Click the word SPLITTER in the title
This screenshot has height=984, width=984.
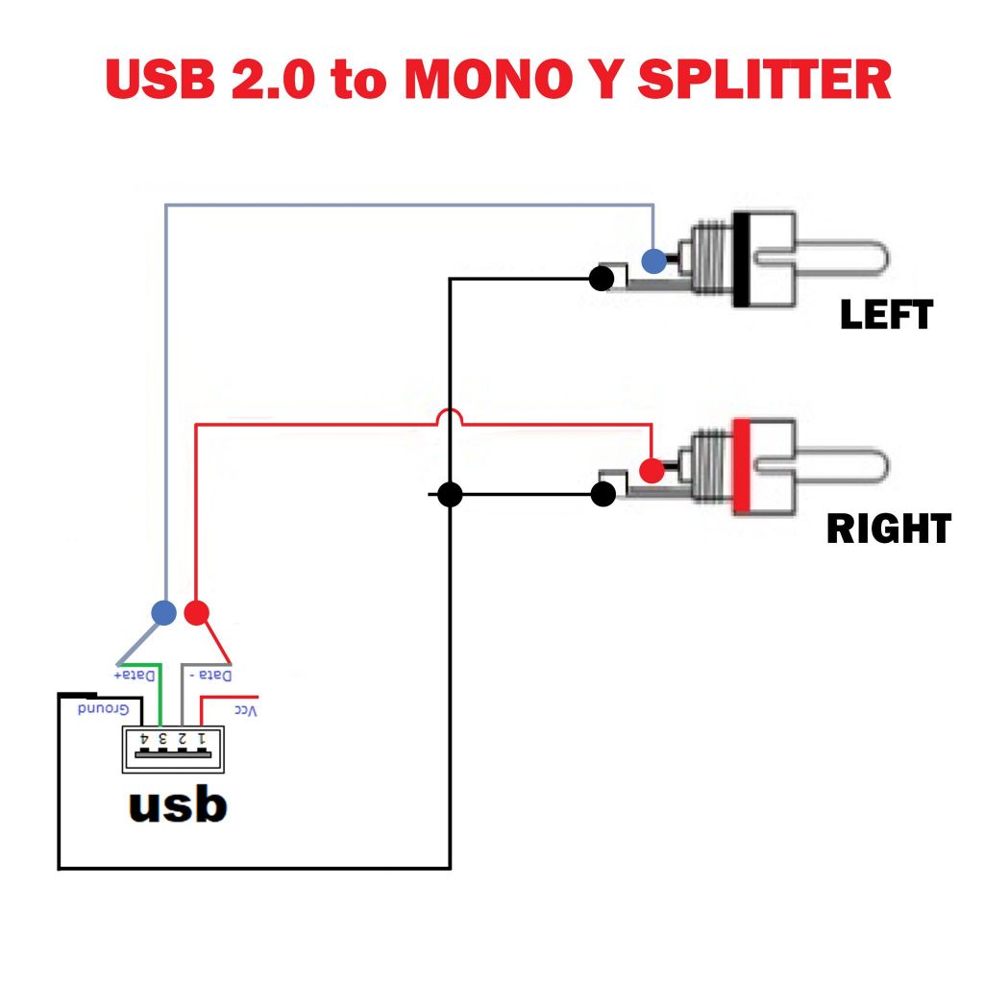pyautogui.click(x=764, y=80)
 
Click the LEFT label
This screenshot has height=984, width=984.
pyautogui.click(x=886, y=315)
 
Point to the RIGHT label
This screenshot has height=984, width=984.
pyautogui.click(x=889, y=529)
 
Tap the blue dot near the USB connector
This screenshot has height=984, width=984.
pyautogui.click(x=164, y=612)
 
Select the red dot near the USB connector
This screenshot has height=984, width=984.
pyautogui.click(x=196, y=612)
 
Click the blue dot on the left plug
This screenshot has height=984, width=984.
pyautogui.click(x=653, y=259)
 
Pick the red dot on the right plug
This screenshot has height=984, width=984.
pyautogui.click(x=652, y=471)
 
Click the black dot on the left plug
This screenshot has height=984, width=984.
pyautogui.click(x=602, y=279)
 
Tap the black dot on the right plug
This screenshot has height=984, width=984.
pyautogui.click(x=603, y=495)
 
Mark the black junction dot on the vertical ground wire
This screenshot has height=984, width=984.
pyautogui.click(x=450, y=495)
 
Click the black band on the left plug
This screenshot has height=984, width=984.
pyautogui.click(x=741, y=259)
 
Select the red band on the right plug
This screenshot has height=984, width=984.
pyautogui.click(x=741, y=467)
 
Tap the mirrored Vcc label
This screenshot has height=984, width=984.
pyautogui.click(x=245, y=709)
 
